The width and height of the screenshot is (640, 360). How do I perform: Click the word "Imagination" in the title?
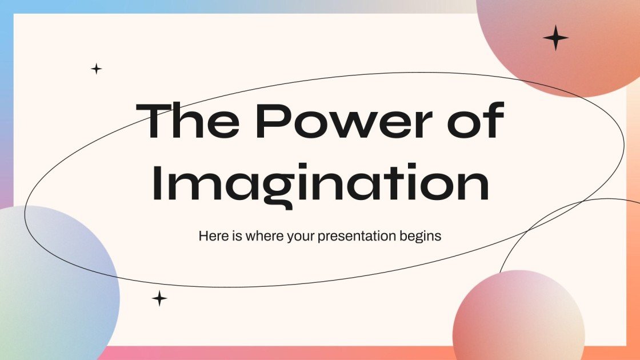pyautogui.click(x=321, y=184)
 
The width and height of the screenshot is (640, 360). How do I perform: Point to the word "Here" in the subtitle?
pyautogui.click(x=211, y=236)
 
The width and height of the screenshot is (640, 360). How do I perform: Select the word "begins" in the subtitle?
pyautogui.click(x=422, y=236)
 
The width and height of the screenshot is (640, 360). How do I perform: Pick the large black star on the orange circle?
pyautogui.click(x=555, y=38)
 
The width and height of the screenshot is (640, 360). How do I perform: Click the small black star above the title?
pyautogui.click(x=97, y=69)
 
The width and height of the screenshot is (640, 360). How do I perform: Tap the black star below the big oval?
pyautogui.click(x=159, y=298)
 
